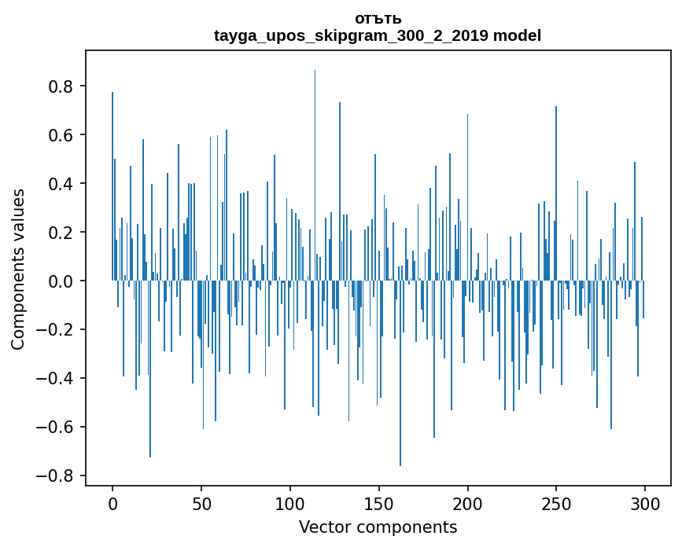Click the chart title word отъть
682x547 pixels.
(x=378, y=19)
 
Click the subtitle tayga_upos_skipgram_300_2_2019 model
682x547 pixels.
(x=378, y=35)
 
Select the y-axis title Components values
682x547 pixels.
(x=18, y=269)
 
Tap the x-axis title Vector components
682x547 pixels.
(x=378, y=527)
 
